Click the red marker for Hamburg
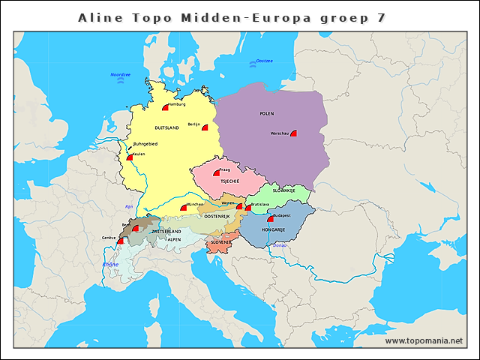click(165, 108)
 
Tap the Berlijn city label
click(193, 124)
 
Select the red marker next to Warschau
click(294, 133)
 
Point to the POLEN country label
click(267, 113)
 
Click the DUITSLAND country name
click(166, 128)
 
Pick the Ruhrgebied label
click(145, 143)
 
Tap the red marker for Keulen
click(130, 157)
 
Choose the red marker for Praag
click(216, 173)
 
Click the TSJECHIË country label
click(229, 181)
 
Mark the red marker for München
click(184, 208)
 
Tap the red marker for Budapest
click(271, 219)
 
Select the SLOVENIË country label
click(220, 242)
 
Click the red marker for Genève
click(120, 241)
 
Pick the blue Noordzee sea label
click(121, 75)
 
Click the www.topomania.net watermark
click(424, 341)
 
